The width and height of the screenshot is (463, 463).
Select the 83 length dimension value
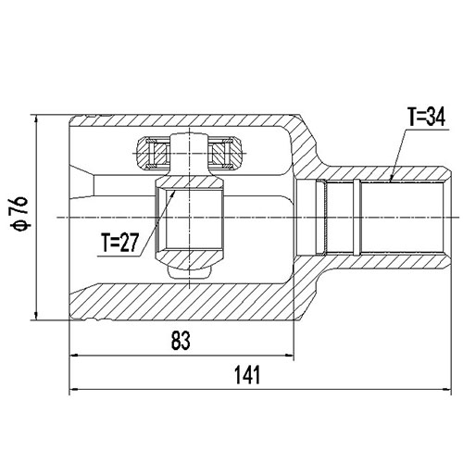[x=181, y=341]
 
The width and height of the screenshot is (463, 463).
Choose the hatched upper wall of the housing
[x=185, y=124]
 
